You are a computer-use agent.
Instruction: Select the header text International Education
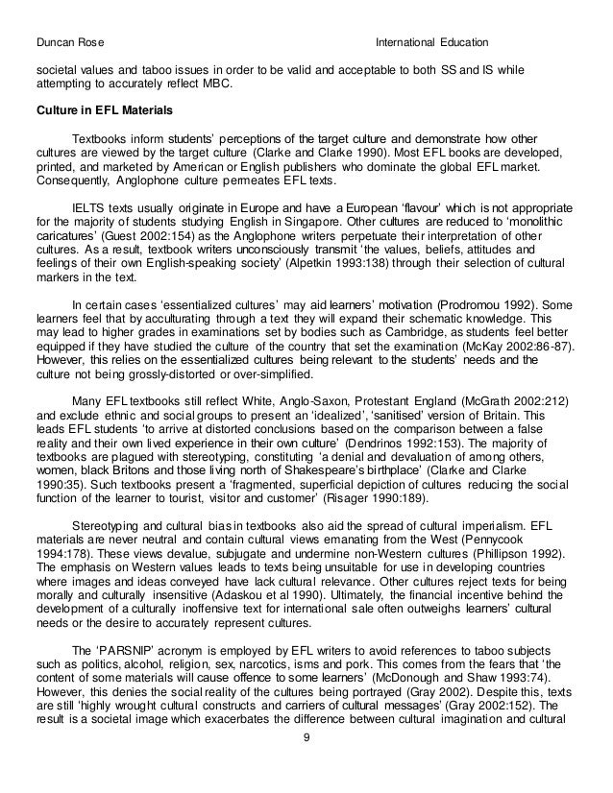point(431,43)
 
